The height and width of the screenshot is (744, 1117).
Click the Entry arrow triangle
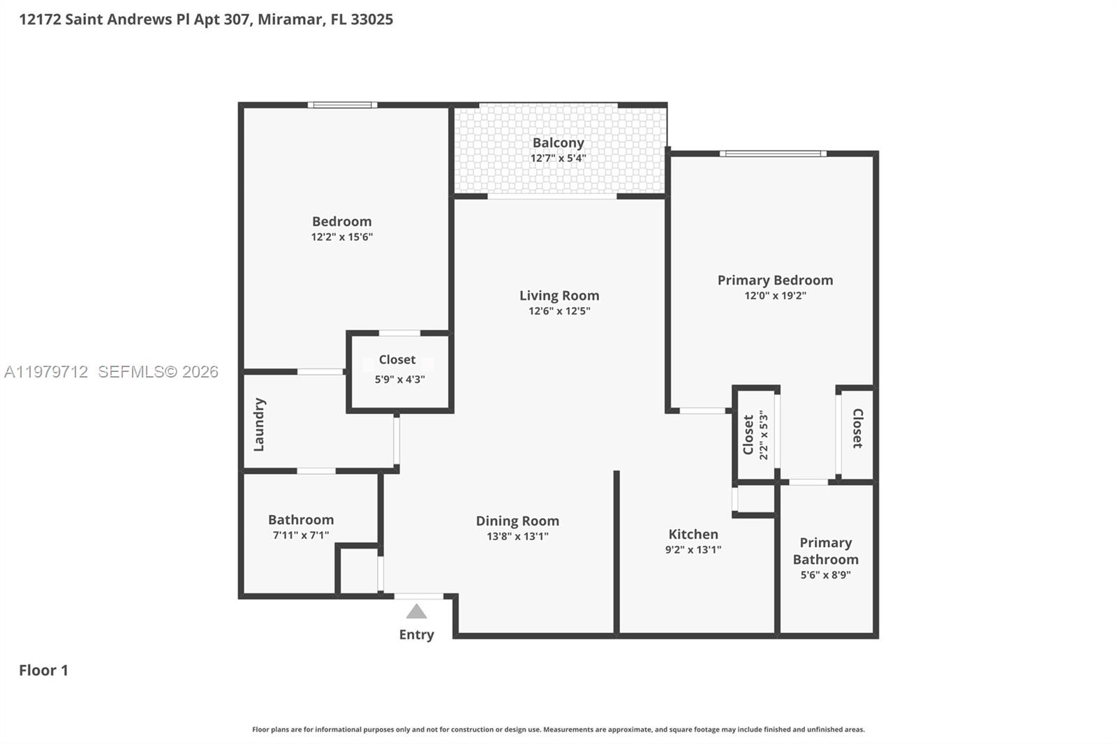(417, 612)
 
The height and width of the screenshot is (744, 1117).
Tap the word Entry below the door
(417, 634)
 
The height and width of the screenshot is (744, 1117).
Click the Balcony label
(558, 142)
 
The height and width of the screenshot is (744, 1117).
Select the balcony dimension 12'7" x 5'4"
(558, 158)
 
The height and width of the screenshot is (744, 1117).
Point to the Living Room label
(559, 295)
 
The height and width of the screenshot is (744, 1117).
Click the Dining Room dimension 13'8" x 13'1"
(517, 537)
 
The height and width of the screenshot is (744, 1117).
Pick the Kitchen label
(693, 534)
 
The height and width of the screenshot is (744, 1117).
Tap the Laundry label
(259, 424)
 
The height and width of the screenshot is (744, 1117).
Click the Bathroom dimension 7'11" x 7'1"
(301, 535)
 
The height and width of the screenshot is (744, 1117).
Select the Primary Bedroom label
(775, 280)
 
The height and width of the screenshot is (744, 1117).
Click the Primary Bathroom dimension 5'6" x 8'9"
(825, 575)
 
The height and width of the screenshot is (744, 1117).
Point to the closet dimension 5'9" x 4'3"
(399, 380)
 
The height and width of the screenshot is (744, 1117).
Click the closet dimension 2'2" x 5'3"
(764, 435)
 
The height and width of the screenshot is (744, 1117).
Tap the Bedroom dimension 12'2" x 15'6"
(342, 237)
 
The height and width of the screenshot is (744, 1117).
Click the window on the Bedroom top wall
(342, 105)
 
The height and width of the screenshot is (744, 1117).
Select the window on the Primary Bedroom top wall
(773, 154)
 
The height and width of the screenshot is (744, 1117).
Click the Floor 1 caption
(43, 670)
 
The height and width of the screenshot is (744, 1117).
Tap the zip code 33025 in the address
(371, 19)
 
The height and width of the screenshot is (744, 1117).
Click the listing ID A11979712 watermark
(46, 372)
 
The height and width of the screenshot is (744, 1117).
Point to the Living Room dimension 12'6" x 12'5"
(559, 311)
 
